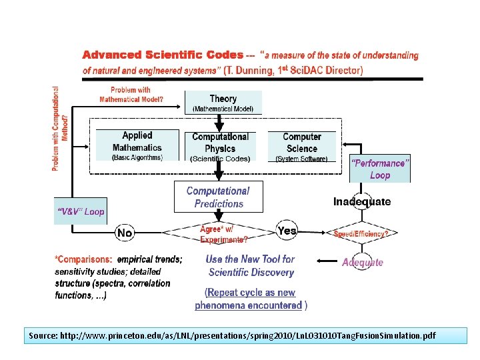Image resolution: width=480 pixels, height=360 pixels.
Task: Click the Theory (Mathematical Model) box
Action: point(223,103)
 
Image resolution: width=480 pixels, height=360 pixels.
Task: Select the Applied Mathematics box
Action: point(137,145)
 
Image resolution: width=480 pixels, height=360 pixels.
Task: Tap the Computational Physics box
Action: point(220,147)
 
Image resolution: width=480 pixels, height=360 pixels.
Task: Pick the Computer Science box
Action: point(302,146)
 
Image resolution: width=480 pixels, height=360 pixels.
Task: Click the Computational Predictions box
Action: point(219,197)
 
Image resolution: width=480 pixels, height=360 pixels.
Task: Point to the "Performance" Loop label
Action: point(379,169)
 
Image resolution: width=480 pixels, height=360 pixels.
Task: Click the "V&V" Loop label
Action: point(81,211)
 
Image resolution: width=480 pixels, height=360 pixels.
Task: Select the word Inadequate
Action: point(362,201)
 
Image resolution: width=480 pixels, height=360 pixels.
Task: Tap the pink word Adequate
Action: point(363,262)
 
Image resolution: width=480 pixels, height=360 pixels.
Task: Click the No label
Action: point(125,233)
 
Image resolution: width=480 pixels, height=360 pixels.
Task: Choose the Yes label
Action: point(287,231)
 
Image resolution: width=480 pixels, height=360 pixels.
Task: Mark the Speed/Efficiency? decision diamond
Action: point(361,234)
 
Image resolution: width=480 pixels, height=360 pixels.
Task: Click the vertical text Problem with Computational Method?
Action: point(60,128)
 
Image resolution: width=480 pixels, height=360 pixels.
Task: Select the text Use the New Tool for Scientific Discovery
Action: point(251,265)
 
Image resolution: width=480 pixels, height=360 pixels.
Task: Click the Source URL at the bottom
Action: point(232,335)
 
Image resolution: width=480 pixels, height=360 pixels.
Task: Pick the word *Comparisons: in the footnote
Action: point(84,259)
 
